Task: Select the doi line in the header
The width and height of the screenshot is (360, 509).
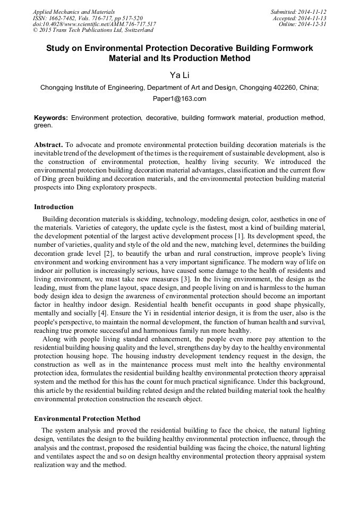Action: (94, 24)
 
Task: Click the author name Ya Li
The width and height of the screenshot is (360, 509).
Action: (179, 75)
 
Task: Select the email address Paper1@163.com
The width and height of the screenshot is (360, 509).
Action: (179, 99)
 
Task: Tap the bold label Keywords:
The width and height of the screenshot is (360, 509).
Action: (51, 117)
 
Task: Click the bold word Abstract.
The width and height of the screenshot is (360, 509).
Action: (48, 145)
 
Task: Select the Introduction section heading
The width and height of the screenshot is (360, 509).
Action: (54, 207)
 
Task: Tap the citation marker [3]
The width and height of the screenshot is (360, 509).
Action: (185, 279)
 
